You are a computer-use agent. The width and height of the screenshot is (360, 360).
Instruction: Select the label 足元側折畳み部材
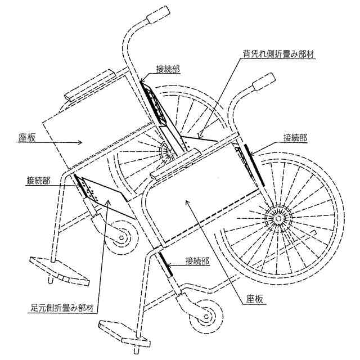coord(63,308)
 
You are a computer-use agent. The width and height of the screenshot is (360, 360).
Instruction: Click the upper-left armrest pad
coord(90,84)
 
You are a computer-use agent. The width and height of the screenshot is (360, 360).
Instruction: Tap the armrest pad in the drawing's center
coord(175,165)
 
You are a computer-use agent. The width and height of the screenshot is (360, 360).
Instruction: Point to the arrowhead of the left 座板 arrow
coord(84,143)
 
